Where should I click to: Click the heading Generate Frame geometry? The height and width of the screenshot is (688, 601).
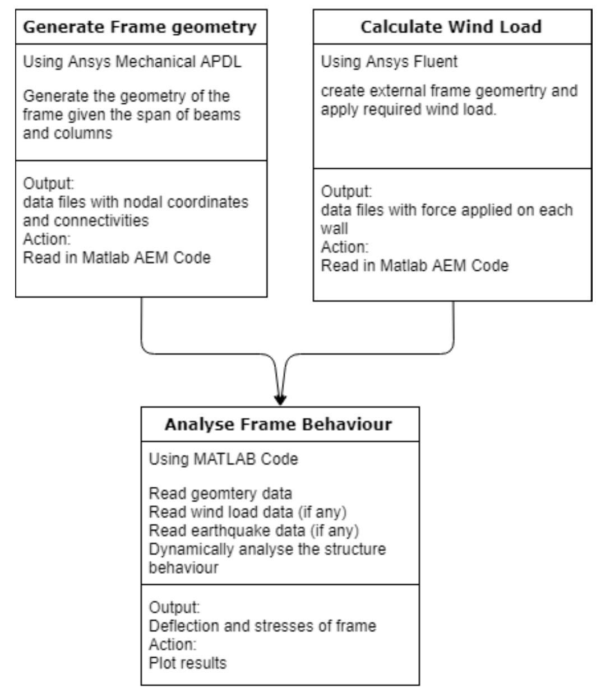coord(140,26)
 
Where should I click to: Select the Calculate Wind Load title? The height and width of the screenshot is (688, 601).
coord(452,26)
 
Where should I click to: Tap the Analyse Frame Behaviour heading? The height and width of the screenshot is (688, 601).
coord(278,424)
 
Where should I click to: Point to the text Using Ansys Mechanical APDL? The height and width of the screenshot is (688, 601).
coord(132,62)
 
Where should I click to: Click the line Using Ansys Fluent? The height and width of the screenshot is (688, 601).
coord(389,62)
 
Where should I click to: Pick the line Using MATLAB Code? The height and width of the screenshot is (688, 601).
coord(223,459)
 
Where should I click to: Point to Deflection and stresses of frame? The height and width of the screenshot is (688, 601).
coord(262,625)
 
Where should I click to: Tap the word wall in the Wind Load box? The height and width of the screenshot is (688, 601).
coord(334,229)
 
